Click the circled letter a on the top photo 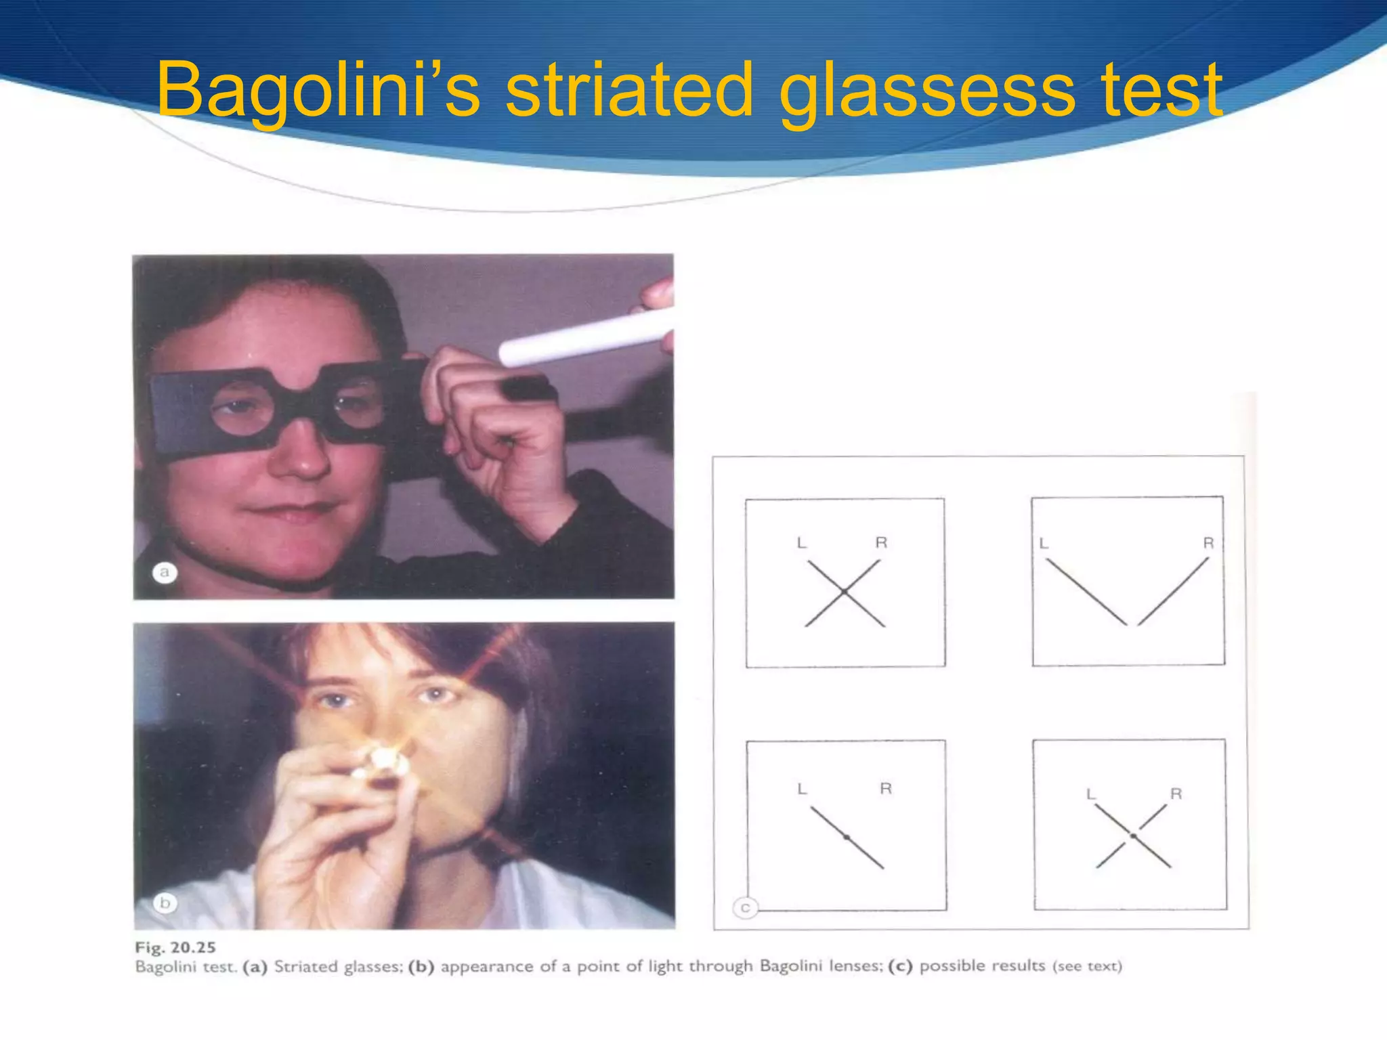164,573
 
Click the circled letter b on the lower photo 165,903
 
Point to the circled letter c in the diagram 745,908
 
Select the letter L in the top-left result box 802,543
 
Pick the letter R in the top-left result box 881,542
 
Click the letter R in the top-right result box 1208,543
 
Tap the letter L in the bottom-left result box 803,789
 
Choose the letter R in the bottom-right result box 1176,794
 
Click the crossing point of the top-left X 844,592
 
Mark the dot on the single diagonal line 847,838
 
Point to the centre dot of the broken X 1133,836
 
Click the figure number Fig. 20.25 175,947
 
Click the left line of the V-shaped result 1086,591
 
